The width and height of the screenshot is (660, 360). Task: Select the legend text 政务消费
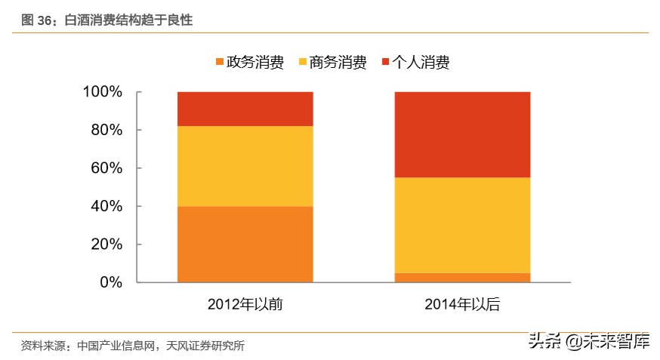click(255, 63)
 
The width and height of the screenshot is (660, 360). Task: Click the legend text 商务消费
click(338, 63)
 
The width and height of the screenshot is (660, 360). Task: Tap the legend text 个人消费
click(421, 63)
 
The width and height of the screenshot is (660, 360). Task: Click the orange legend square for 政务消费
click(220, 62)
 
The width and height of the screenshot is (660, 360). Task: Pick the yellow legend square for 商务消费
click(303, 62)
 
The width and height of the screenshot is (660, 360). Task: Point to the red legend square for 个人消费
click(386, 62)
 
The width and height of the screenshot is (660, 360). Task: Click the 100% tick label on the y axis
click(102, 92)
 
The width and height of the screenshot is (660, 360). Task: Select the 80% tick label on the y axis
click(106, 130)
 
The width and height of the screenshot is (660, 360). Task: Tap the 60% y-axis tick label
click(106, 168)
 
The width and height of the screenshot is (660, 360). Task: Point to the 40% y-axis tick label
click(106, 206)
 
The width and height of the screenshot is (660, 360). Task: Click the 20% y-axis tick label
click(106, 245)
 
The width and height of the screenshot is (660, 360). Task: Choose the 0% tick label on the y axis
click(110, 282)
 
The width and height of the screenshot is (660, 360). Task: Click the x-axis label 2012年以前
click(245, 305)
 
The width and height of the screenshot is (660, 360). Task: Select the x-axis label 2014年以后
click(462, 305)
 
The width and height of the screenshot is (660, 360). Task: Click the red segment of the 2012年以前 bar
click(245, 109)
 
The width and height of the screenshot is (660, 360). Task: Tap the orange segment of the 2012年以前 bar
click(245, 244)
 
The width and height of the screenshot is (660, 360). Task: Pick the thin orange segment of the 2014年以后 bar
click(462, 278)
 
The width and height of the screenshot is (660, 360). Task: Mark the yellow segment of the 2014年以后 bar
click(462, 225)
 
